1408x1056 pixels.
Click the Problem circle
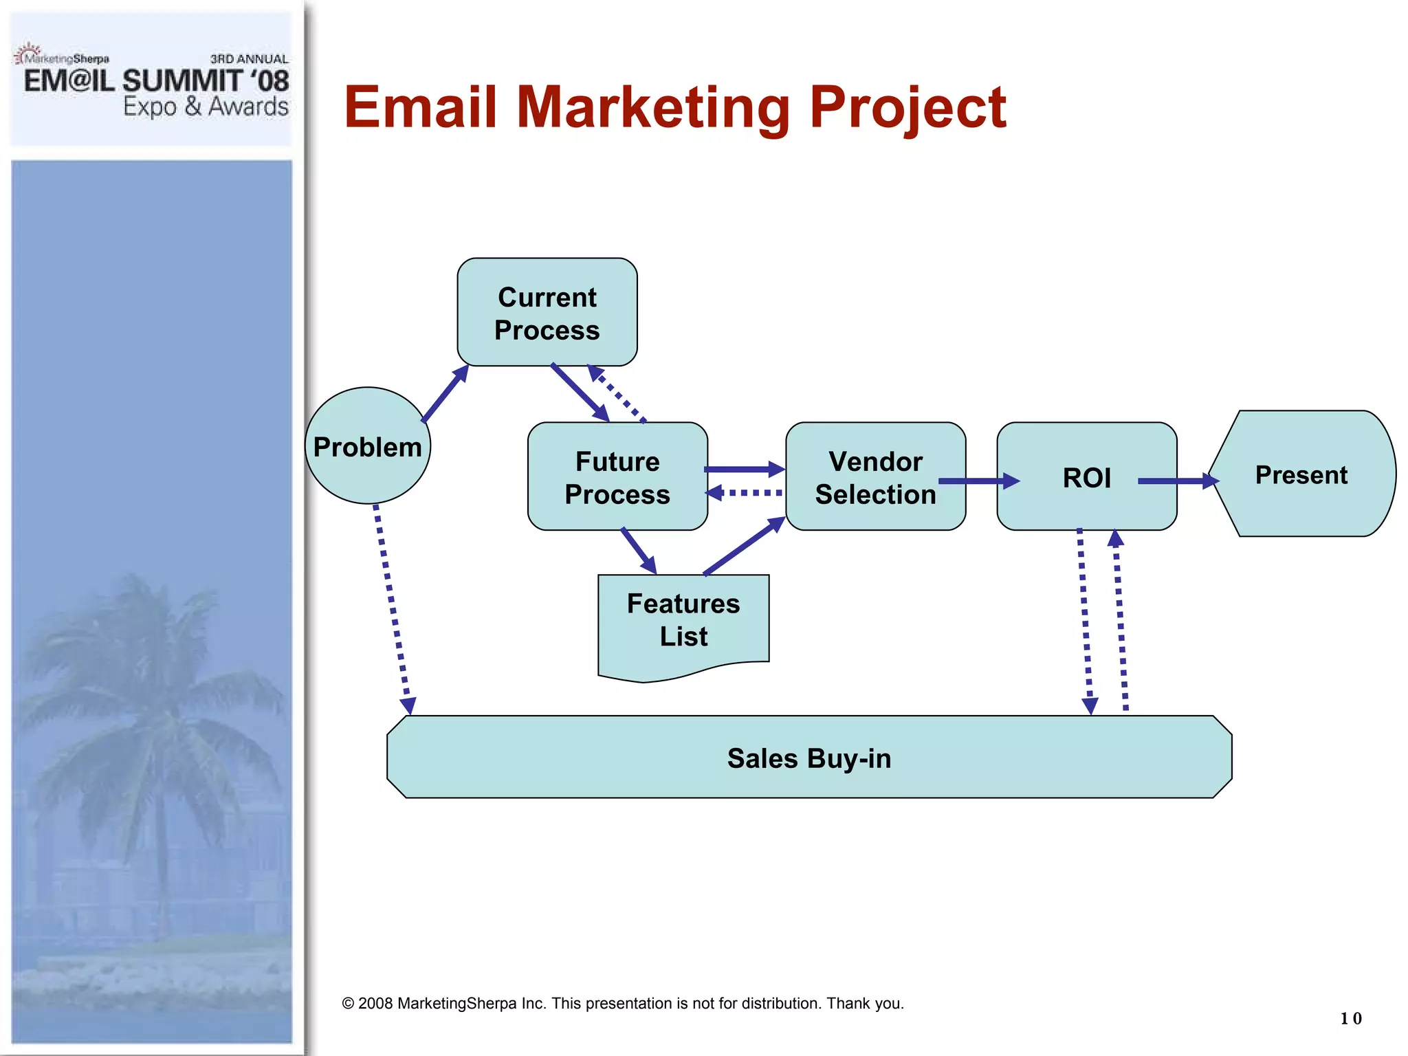[x=368, y=446]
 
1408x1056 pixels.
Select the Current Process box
[x=547, y=313]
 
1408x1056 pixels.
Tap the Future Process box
[x=617, y=477]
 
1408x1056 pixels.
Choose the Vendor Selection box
[x=875, y=477]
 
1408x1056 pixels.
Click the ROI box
[x=1086, y=477]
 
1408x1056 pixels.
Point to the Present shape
[x=1301, y=474]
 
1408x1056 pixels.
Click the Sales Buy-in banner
[x=809, y=758]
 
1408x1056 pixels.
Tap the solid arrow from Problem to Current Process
[x=445, y=394]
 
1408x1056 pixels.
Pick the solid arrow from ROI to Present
[x=1178, y=481]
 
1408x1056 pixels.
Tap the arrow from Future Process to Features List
[x=639, y=551]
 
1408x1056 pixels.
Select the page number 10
[x=1350, y=1018]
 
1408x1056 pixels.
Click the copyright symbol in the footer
[x=348, y=1004]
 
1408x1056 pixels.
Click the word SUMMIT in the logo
[x=182, y=81]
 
